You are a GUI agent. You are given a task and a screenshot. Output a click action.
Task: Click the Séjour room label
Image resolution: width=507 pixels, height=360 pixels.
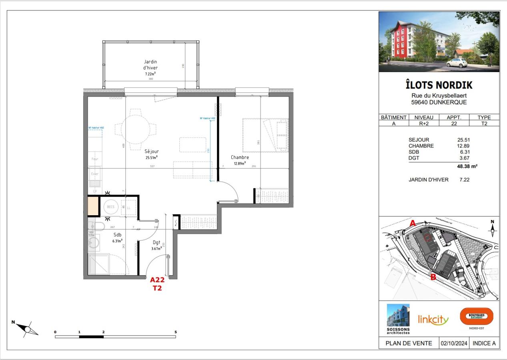point(152,152)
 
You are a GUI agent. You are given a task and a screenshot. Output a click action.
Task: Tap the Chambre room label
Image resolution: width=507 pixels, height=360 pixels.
point(240,157)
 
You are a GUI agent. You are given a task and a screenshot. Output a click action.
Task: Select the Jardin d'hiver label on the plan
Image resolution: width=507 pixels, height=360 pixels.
point(150,65)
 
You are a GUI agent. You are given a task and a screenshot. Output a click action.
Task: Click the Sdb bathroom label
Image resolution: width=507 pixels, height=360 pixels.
point(117,235)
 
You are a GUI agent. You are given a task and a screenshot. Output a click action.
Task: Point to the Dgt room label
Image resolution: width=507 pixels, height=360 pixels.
point(156,242)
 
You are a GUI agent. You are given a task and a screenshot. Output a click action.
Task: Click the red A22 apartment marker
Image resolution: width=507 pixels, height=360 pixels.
point(157,280)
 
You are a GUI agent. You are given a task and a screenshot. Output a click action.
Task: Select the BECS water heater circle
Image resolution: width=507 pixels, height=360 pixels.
point(110,207)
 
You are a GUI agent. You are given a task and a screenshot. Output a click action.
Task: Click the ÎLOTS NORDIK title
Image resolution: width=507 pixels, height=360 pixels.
point(439,85)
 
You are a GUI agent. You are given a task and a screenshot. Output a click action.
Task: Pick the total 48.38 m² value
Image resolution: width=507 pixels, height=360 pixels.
point(467,166)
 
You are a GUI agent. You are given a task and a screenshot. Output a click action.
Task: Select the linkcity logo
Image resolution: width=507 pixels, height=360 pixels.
point(433,319)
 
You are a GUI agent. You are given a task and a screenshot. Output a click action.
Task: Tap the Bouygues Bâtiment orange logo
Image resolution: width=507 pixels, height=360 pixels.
point(477,316)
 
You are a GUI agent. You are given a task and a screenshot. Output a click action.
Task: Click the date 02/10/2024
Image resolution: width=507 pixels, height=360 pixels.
point(454,343)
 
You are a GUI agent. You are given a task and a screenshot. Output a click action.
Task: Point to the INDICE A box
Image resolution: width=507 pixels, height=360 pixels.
point(484,343)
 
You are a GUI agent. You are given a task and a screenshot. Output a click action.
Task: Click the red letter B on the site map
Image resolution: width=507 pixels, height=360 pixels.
point(433,277)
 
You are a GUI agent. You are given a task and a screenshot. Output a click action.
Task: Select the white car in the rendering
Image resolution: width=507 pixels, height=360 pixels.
point(457,62)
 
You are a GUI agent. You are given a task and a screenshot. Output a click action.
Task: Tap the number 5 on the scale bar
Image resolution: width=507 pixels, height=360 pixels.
point(176,332)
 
